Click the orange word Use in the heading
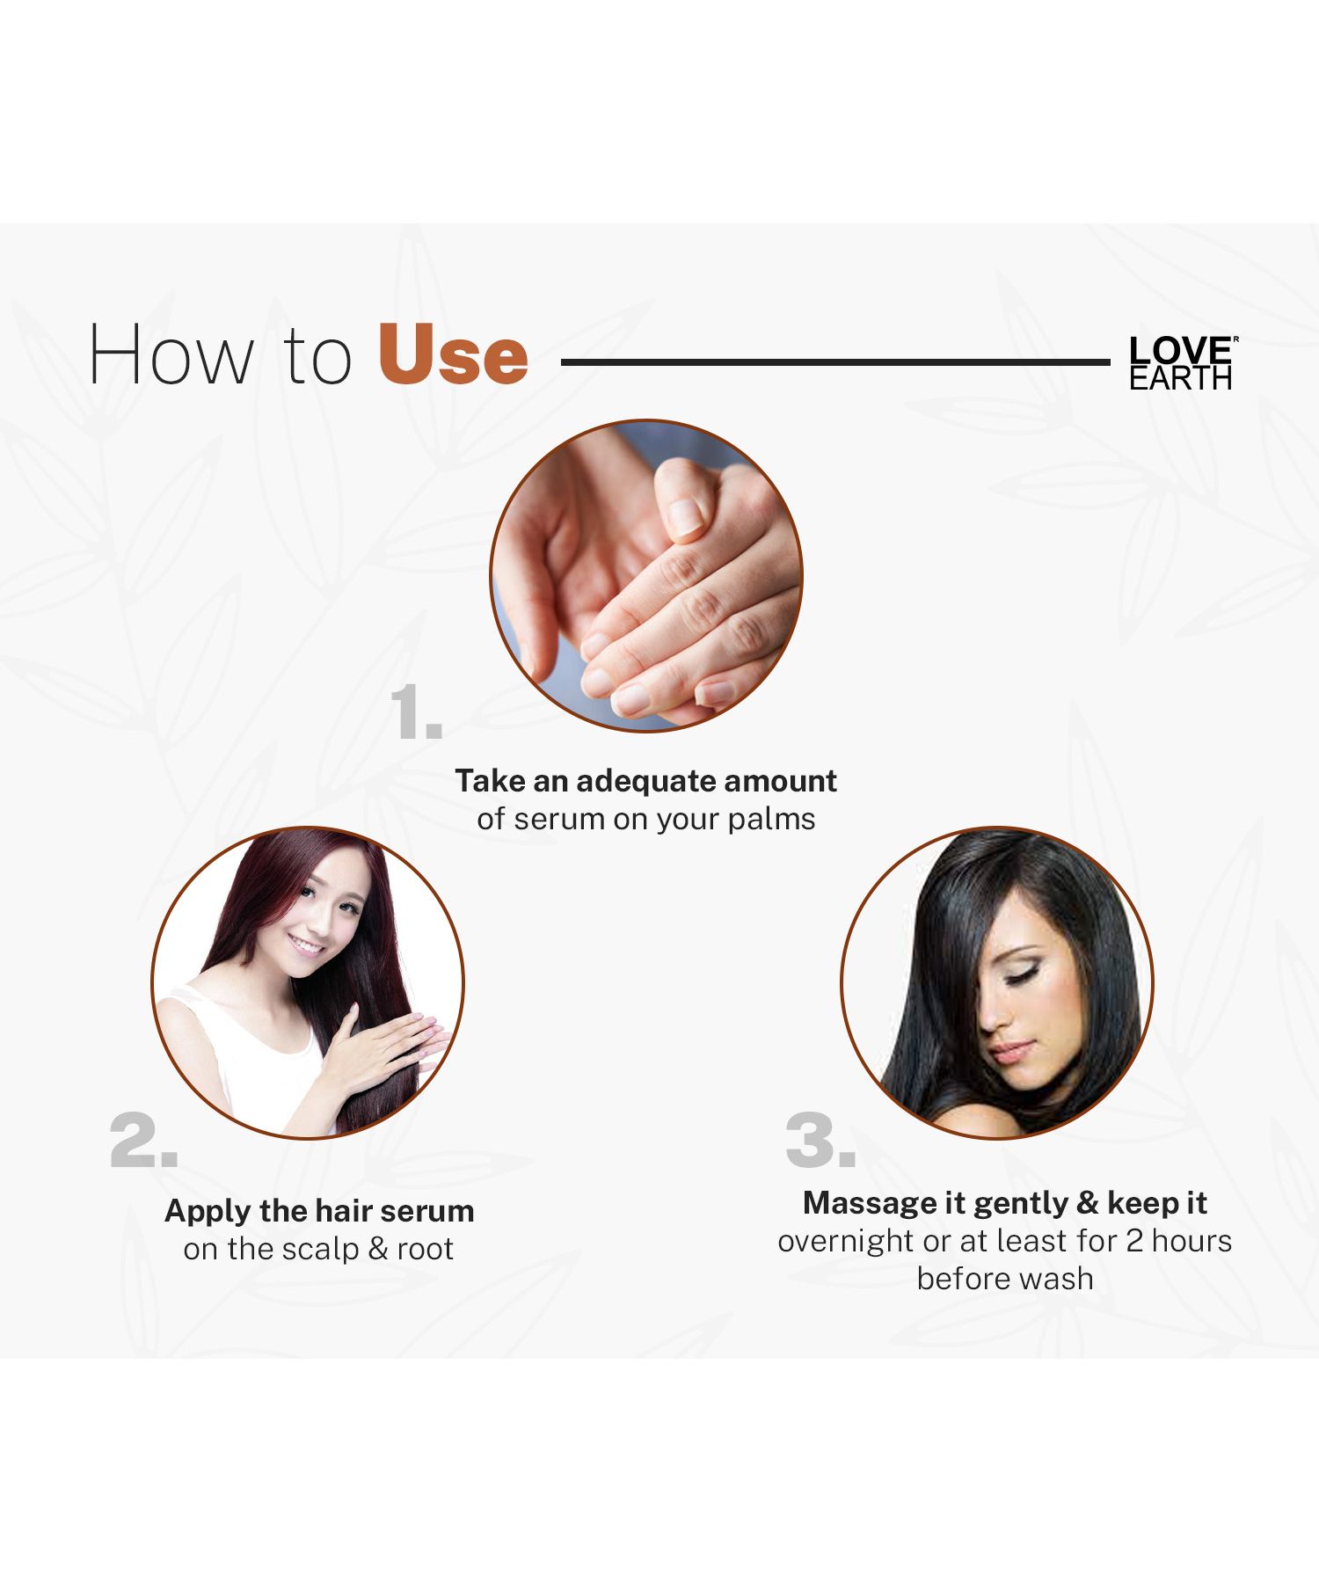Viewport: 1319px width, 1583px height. (453, 354)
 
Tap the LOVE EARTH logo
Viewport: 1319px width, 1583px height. (1183, 362)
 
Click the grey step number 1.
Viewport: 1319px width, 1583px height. (416, 711)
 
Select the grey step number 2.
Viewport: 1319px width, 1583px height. (144, 1141)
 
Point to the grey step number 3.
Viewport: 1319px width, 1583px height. (820, 1141)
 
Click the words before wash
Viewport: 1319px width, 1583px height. (1005, 1279)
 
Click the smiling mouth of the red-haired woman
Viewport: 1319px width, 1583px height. (305, 946)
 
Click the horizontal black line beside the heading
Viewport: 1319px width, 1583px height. (835, 361)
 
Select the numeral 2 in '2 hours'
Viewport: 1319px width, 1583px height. (1134, 1241)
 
